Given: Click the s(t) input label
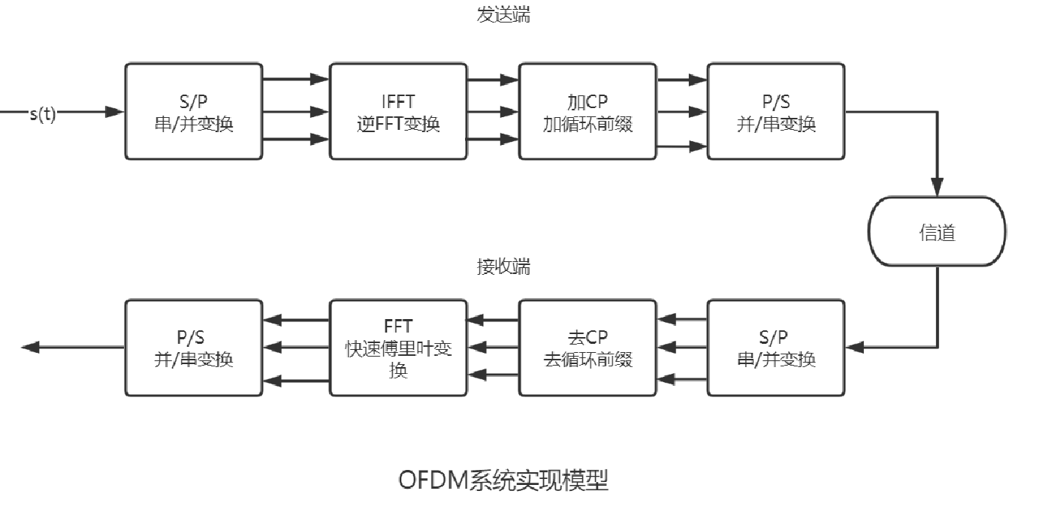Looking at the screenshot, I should [43, 115].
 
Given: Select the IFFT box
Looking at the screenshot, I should [398, 111].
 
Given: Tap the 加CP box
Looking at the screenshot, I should [587, 111].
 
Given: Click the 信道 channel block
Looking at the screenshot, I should [937, 232].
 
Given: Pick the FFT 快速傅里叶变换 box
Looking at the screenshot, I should [398, 348].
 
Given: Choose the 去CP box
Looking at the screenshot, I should [587, 348].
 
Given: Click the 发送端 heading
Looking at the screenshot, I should [503, 14].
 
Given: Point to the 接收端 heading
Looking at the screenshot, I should [503, 267].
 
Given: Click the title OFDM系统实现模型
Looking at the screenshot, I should [503, 480].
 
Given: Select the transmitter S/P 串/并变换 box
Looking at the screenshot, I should [194, 111].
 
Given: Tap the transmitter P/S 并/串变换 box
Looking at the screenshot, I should [776, 111].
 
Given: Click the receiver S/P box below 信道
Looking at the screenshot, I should [776, 348].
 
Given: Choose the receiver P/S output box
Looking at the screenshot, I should [194, 348].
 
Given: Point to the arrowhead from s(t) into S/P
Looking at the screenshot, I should [114, 112].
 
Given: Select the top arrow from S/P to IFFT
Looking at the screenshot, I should [296, 77].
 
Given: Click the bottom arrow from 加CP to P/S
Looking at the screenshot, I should [682, 147].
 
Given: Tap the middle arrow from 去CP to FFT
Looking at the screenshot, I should [493, 347].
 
